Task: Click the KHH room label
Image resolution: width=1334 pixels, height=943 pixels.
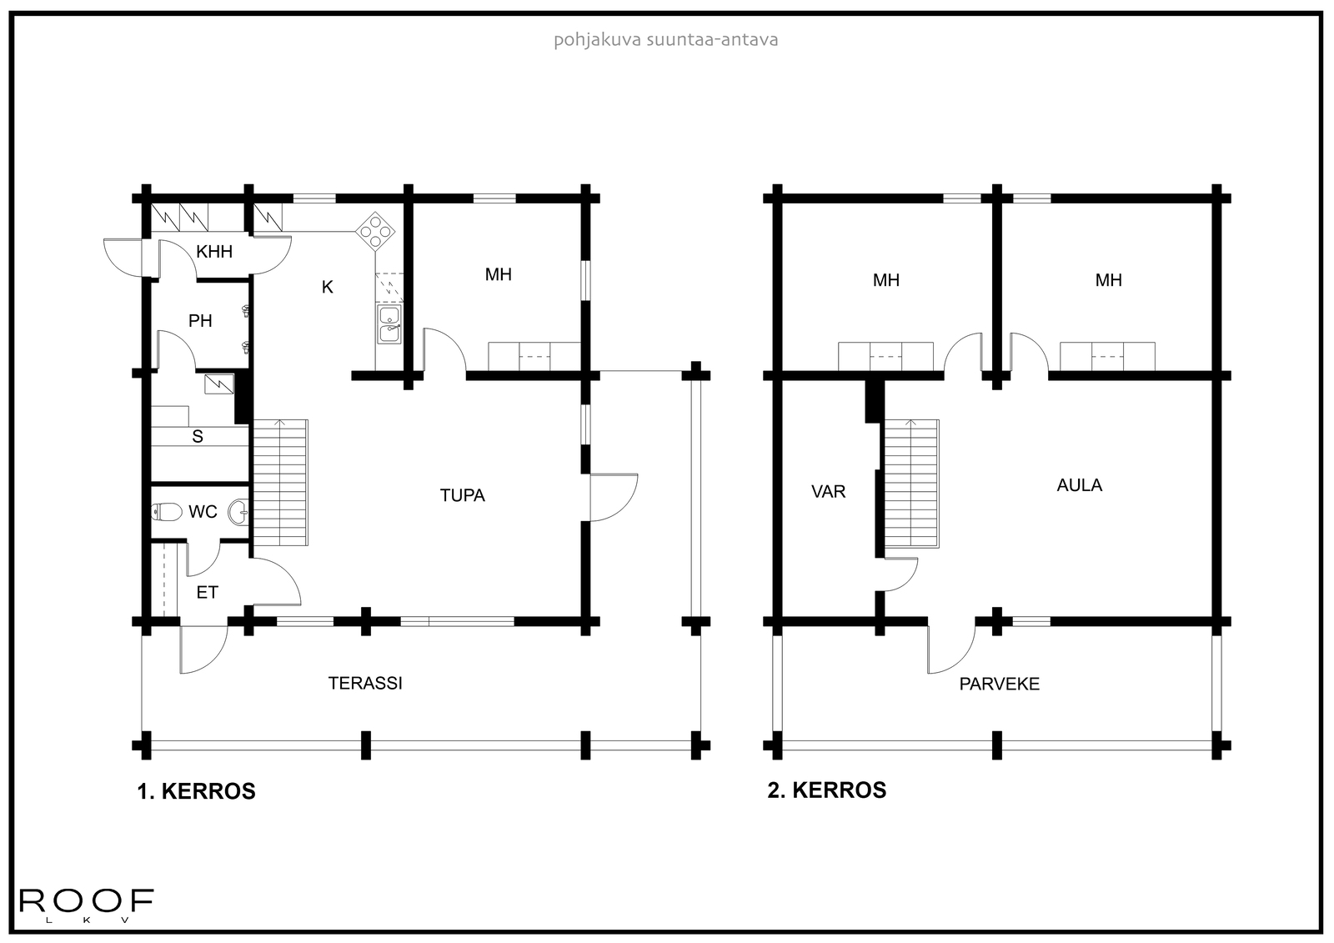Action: pyautogui.click(x=214, y=252)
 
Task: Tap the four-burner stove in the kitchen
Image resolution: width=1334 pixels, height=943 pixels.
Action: pyautogui.click(x=375, y=231)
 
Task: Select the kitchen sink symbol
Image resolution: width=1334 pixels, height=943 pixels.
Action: pyautogui.click(x=389, y=324)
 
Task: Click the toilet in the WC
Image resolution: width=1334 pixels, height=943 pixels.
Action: pyautogui.click(x=167, y=512)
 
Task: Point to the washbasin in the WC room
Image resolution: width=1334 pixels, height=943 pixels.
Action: pyautogui.click(x=239, y=511)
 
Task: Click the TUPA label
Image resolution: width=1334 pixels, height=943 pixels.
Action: pyautogui.click(x=462, y=495)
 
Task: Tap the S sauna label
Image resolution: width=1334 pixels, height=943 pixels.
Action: pyautogui.click(x=198, y=436)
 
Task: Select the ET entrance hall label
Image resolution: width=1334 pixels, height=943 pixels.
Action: pyautogui.click(x=207, y=592)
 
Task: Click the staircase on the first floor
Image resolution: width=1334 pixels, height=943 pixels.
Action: pyautogui.click(x=280, y=484)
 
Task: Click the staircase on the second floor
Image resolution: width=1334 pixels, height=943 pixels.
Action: pyautogui.click(x=911, y=484)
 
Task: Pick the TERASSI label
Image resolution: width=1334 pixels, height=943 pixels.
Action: pyautogui.click(x=365, y=683)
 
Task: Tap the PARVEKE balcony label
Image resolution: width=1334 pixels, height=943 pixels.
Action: pyautogui.click(x=999, y=684)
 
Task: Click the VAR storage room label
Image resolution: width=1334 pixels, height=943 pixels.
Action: pyautogui.click(x=828, y=491)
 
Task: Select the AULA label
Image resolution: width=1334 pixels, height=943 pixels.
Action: pyautogui.click(x=1079, y=485)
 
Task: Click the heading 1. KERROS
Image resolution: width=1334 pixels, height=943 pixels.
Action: pyautogui.click(x=196, y=791)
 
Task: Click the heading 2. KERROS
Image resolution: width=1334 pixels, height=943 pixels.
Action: pyautogui.click(x=826, y=790)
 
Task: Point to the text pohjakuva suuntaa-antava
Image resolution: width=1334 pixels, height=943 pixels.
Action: pyautogui.click(x=665, y=39)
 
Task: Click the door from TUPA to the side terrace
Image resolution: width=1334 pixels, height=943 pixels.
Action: pyautogui.click(x=613, y=498)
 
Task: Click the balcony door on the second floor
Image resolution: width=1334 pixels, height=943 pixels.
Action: pyautogui.click(x=950, y=650)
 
